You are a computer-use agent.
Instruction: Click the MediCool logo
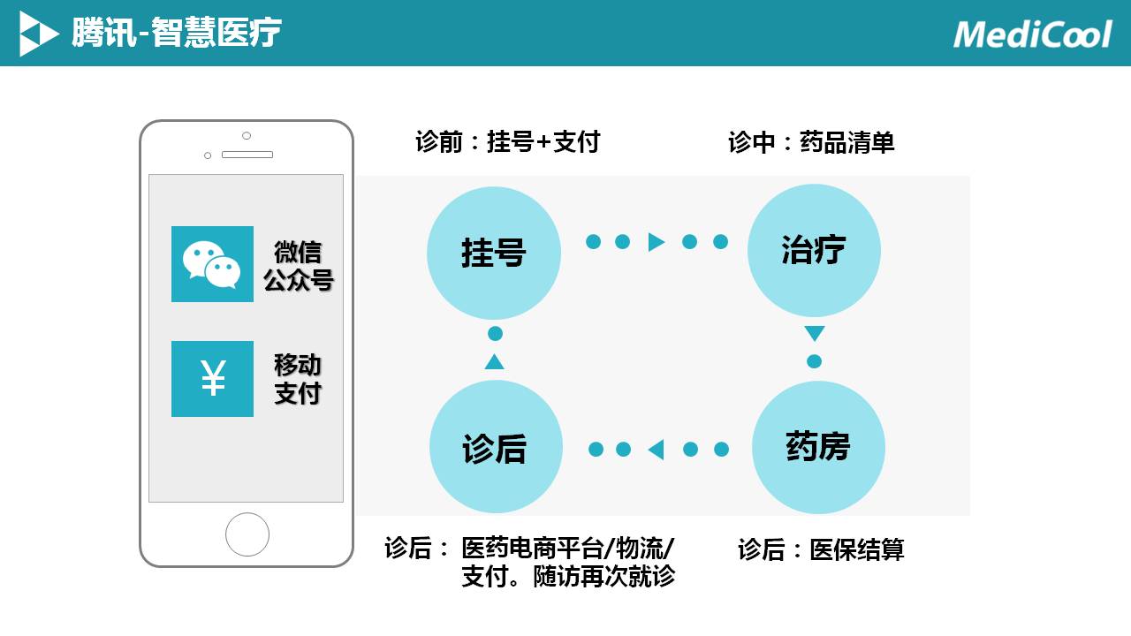pos(1032,34)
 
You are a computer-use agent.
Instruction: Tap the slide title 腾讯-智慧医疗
pos(177,34)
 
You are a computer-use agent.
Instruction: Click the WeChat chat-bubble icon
pos(212,264)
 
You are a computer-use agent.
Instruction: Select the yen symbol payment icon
pos(212,379)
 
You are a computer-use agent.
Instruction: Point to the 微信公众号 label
pos(298,266)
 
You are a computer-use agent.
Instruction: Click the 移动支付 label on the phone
pos(298,379)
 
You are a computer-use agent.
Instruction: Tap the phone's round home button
pos(247,534)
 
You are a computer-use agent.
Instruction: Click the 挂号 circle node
pos(493,253)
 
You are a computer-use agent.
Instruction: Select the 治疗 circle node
pos(814,251)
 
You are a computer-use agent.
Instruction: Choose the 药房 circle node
pos(818,447)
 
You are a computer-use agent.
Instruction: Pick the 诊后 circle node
pos(495,447)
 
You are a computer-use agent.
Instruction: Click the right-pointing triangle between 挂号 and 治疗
pos(656,242)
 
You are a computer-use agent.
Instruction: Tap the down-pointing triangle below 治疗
pos(815,334)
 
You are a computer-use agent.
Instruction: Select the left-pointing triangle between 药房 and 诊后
pos(656,450)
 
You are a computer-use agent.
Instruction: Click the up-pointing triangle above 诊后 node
pos(495,361)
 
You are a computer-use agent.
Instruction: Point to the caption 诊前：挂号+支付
pos(507,141)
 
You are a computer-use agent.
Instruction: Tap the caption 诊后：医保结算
pos(821,549)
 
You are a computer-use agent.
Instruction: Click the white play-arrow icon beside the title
pos(38,34)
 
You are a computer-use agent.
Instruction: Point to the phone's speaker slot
pos(247,155)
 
